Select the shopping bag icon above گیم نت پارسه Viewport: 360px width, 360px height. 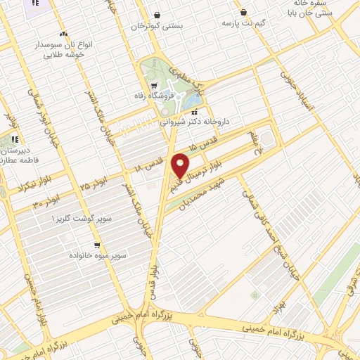[x=243, y=12]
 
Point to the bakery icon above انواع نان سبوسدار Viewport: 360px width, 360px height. [x=64, y=34]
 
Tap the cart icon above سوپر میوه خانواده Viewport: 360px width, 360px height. [x=96, y=245]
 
